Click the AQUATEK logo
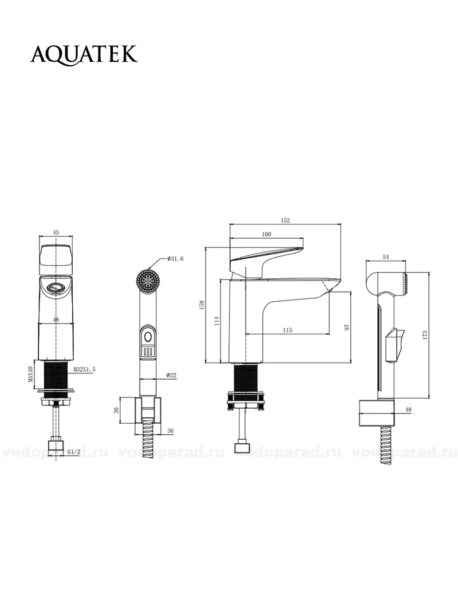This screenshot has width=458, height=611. [84, 54]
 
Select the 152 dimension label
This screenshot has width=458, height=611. [286, 220]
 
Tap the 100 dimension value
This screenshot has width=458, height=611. [267, 234]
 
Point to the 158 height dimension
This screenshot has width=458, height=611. [202, 305]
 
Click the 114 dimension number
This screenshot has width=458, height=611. [218, 321]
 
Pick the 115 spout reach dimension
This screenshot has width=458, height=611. [287, 330]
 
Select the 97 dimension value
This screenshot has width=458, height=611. [348, 327]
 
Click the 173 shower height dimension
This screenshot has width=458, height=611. [425, 334]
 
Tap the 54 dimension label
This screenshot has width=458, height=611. [386, 257]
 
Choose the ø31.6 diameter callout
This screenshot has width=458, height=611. [175, 259]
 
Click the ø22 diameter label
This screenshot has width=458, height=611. [171, 375]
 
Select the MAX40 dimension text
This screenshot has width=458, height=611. [30, 374]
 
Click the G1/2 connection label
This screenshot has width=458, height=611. [74, 452]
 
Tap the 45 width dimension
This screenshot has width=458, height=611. [56, 232]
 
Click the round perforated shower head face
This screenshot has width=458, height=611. [148, 280]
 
